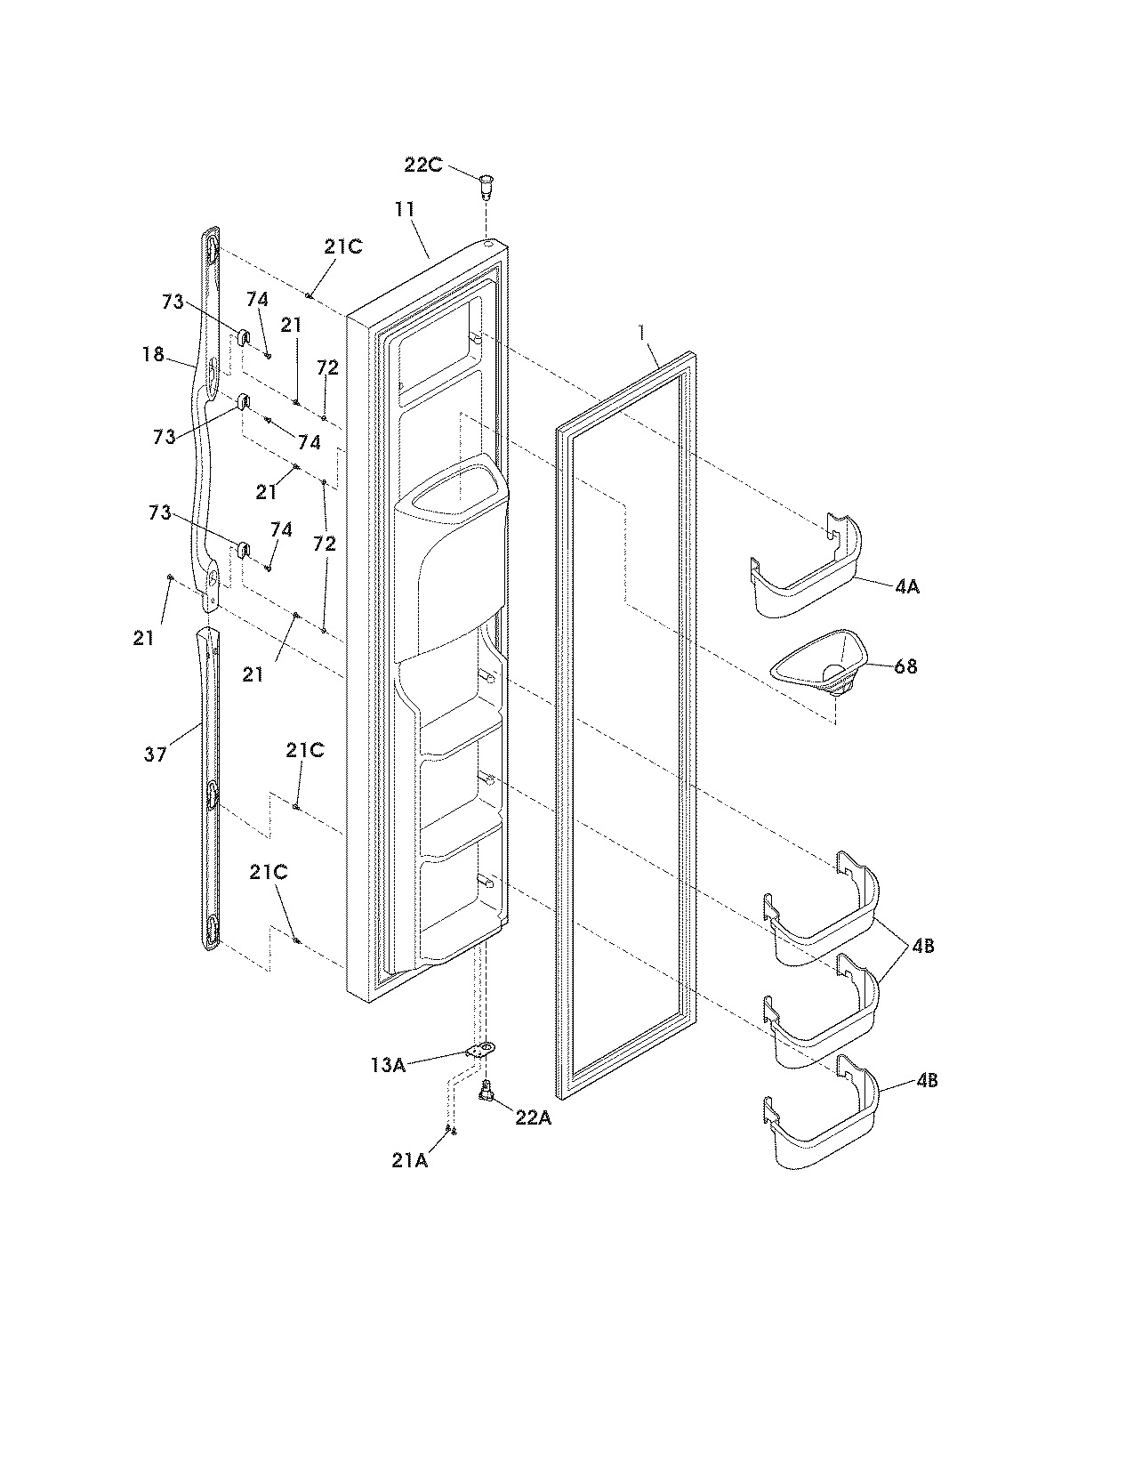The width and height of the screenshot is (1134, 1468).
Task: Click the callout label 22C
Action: point(422,166)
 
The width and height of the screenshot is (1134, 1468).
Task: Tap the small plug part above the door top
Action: point(485,187)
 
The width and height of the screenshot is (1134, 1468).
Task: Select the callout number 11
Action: point(405,210)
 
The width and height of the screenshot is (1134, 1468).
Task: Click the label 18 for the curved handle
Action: point(153,354)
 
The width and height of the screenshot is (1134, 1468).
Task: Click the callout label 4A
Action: point(907,587)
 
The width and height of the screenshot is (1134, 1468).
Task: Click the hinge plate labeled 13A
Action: point(481,1051)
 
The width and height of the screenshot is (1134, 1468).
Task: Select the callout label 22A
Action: point(533,1118)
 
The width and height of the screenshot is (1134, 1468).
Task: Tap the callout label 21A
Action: point(410,1161)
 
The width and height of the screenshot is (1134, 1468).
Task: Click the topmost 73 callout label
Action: point(173,302)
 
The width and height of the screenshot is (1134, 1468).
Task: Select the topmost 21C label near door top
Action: point(342,247)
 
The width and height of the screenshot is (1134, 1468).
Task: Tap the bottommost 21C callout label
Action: point(268,873)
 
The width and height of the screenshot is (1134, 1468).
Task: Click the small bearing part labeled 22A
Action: point(487,1090)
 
